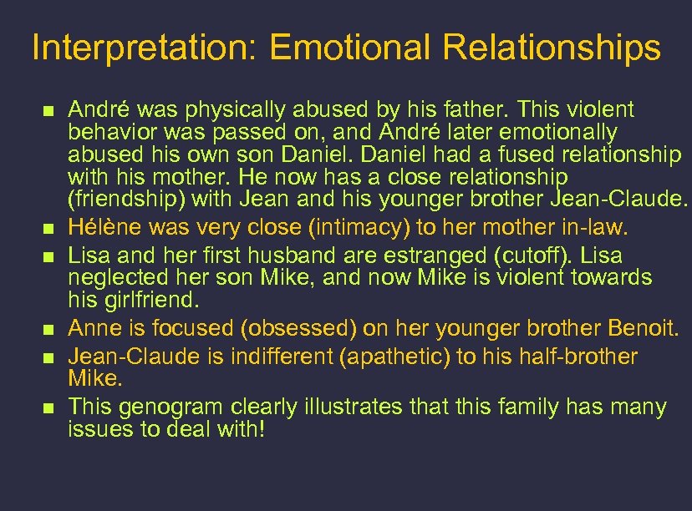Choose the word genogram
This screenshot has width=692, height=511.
163,407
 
